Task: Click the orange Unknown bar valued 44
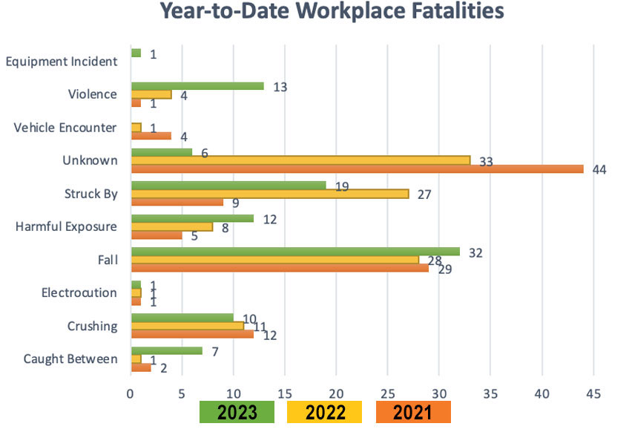point(357,168)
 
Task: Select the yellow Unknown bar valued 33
point(300,160)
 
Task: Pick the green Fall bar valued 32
point(295,251)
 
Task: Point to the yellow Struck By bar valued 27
point(270,193)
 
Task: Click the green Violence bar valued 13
point(197,86)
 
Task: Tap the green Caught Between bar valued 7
point(166,350)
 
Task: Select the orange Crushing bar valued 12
point(192,334)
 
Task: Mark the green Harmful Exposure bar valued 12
point(192,218)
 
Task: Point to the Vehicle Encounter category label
point(65,128)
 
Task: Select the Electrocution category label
point(81,292)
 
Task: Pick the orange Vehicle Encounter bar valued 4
point(151,136)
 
